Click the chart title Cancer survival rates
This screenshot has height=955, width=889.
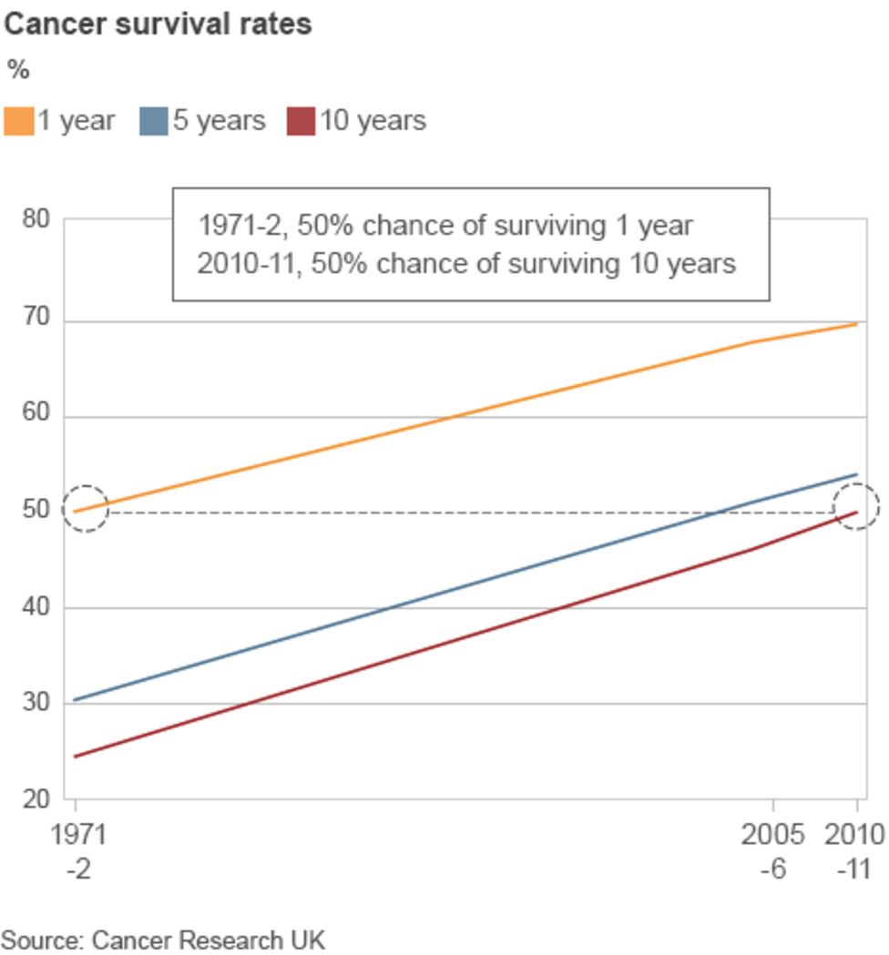[x=158, y=24]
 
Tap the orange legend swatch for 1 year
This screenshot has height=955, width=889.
[x=19, y=121]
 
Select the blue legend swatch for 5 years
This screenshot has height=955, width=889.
[x=154, y=121]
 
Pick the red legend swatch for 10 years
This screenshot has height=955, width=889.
[x=301, y=121]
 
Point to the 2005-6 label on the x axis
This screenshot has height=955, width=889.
[x=772, y=850]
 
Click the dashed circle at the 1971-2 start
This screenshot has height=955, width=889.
[x=85, y=509]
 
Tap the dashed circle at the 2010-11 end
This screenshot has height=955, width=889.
[x=856, y=507]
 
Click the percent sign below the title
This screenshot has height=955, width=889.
[x=17, y=70]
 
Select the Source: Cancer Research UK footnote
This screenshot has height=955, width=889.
[x=162, y=939]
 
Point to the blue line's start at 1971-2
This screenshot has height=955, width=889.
[x=75, y=699]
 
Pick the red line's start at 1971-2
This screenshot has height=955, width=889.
[x=75, y=756]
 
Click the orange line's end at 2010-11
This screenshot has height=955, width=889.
[x=856, y=324]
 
